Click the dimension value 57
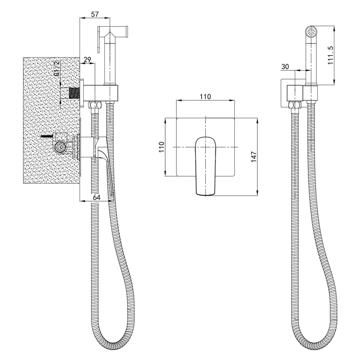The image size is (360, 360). [94, 14]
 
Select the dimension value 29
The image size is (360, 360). [87, 60]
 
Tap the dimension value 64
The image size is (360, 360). [97, 197]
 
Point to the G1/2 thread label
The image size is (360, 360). [57, 68]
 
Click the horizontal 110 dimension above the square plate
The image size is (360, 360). [205, 96]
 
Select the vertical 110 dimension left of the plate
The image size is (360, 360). [162, 147]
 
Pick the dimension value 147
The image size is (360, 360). [253, 157]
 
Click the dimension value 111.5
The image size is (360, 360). [330, 55]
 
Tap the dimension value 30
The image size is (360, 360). [285, 67]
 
